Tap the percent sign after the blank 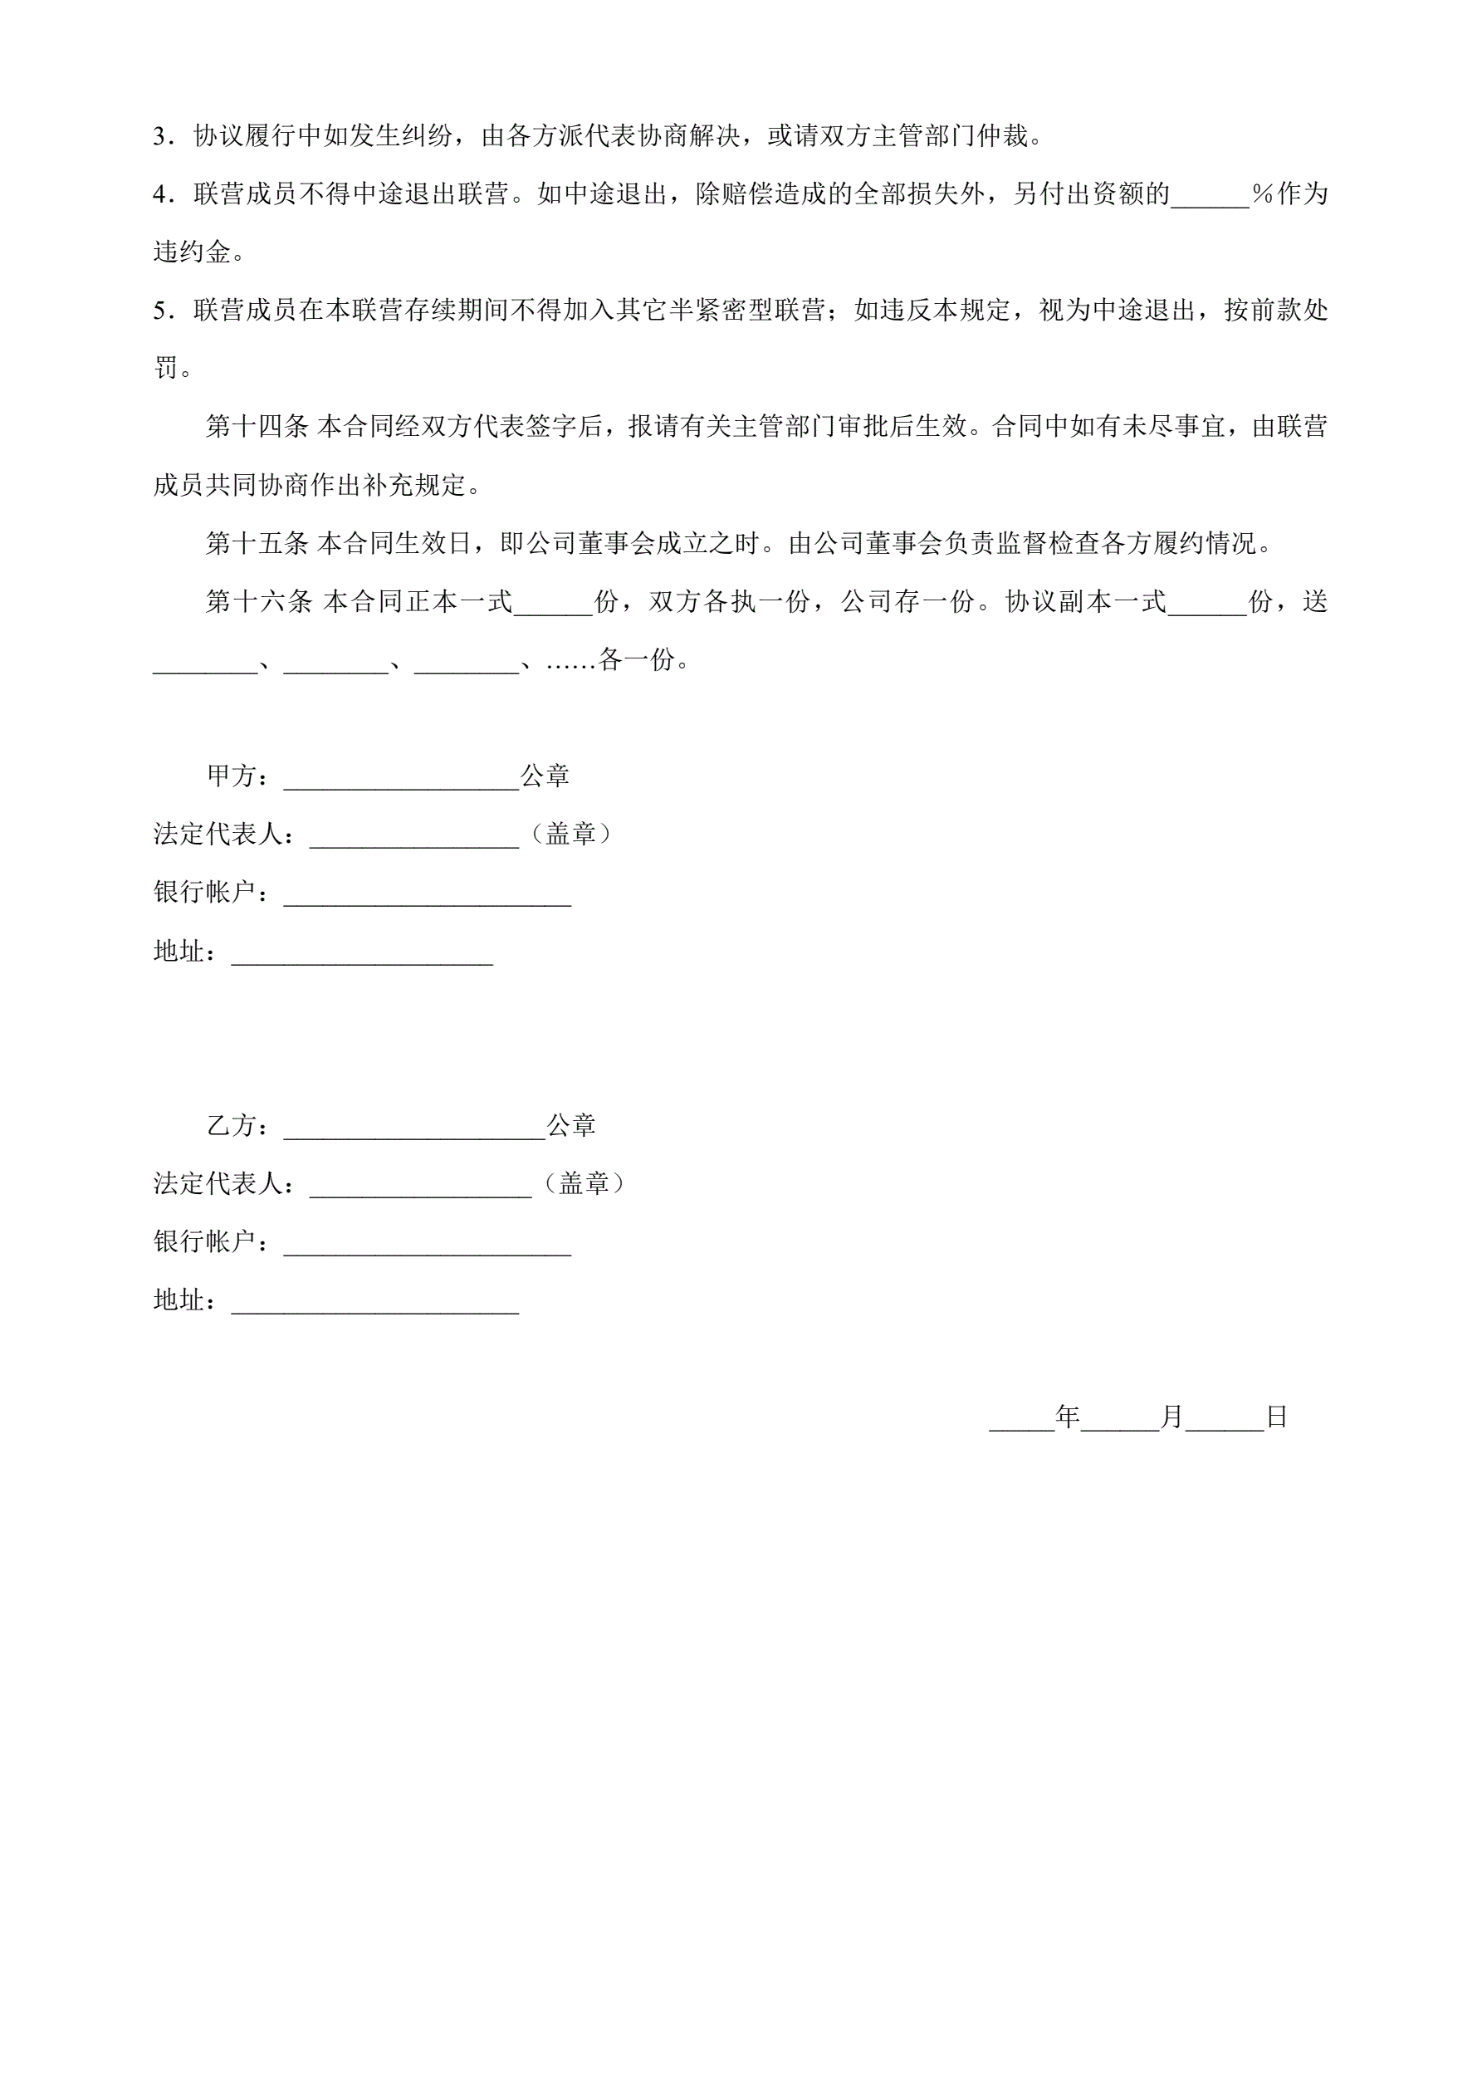point(1262,194)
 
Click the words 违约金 point(192,252)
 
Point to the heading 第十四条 point(257,427)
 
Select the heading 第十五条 point(257,544)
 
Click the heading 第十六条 point(257,602)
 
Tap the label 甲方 point(232,776)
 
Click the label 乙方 point(232,1126)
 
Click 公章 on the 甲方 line point(545,776)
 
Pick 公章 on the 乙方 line point(571,1126)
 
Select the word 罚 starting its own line point(166,370)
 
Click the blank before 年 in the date point(1022,1421)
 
